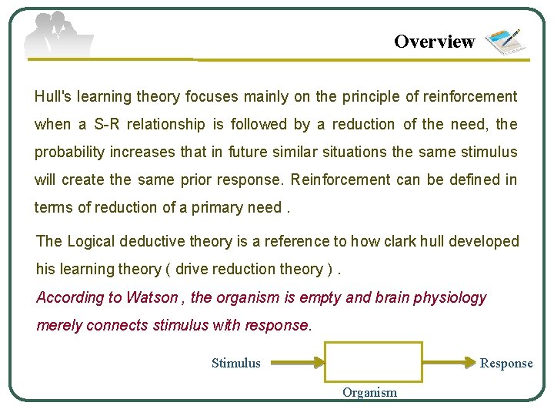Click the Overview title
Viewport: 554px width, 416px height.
click(434, 42)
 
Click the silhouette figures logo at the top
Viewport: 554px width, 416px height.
click(58, 35)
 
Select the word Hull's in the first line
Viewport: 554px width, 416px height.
click(53, 96)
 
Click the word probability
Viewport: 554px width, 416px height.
click(69, 152)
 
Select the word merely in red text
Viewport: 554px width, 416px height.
click(59, 325)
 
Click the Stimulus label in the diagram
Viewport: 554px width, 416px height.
click(236, 363)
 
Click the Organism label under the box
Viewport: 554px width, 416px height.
click(369, 392)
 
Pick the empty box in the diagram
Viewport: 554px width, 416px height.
click(373, 362)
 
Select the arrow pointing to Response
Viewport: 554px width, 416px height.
click(450, 362)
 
